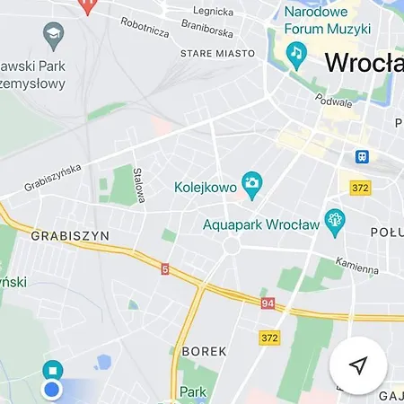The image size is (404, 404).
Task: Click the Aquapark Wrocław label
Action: coord(261,224)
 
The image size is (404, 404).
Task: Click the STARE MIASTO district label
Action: coord(216,54)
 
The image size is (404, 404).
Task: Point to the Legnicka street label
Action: coord(213,12)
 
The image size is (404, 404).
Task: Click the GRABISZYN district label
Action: coord(70,235)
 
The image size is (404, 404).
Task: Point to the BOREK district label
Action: coord(204,351)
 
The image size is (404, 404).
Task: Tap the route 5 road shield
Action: coord(165,268)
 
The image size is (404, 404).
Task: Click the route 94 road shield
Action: coord(268,303)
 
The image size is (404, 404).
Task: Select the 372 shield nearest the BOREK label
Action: coord(269,338)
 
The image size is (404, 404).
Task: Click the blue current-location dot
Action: coord(52,389)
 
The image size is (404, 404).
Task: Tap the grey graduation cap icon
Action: coord(53,37)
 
